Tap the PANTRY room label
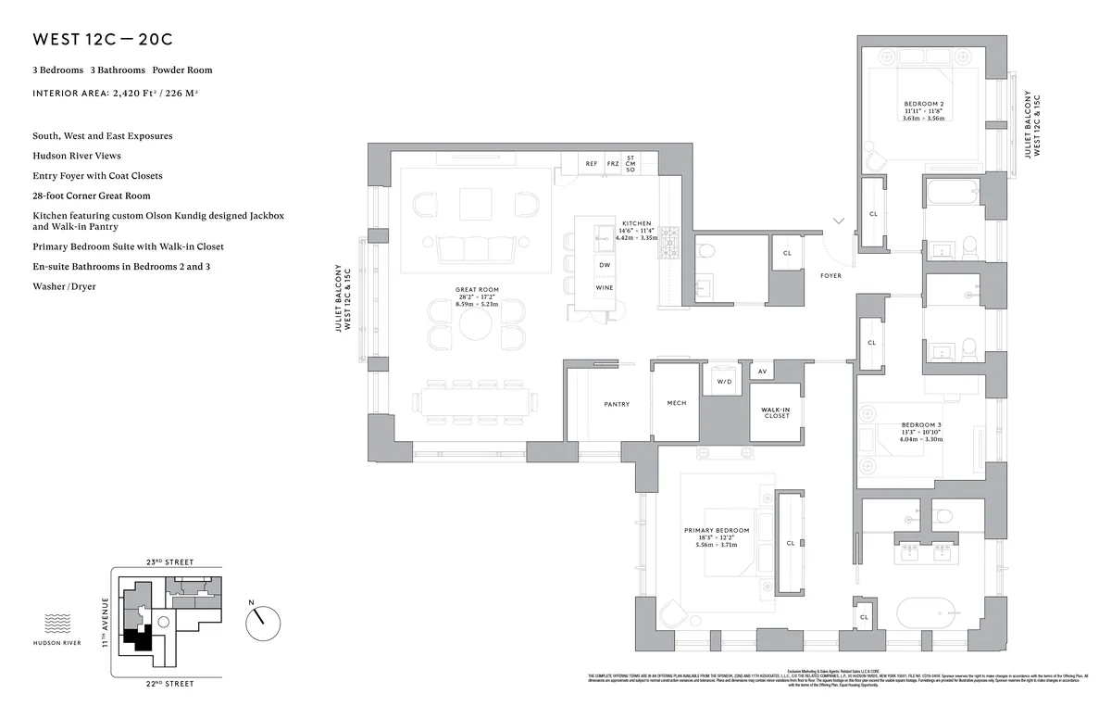[x=617, y=404]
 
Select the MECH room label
[x=676, y=404]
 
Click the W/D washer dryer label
[x=723, y=381]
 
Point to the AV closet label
[x=762, y=372]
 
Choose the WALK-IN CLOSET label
[x=775, y=412]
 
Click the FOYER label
[x=830, y=275]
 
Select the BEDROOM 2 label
[x=923, y=104]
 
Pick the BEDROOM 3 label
[x=920, y=424]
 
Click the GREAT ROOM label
[x=477, y=290]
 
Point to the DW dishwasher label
[x=604, y=265]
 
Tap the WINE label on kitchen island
[x=604, y=288]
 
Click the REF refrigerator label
[x=592, y=164]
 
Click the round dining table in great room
[x=477, y=324]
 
